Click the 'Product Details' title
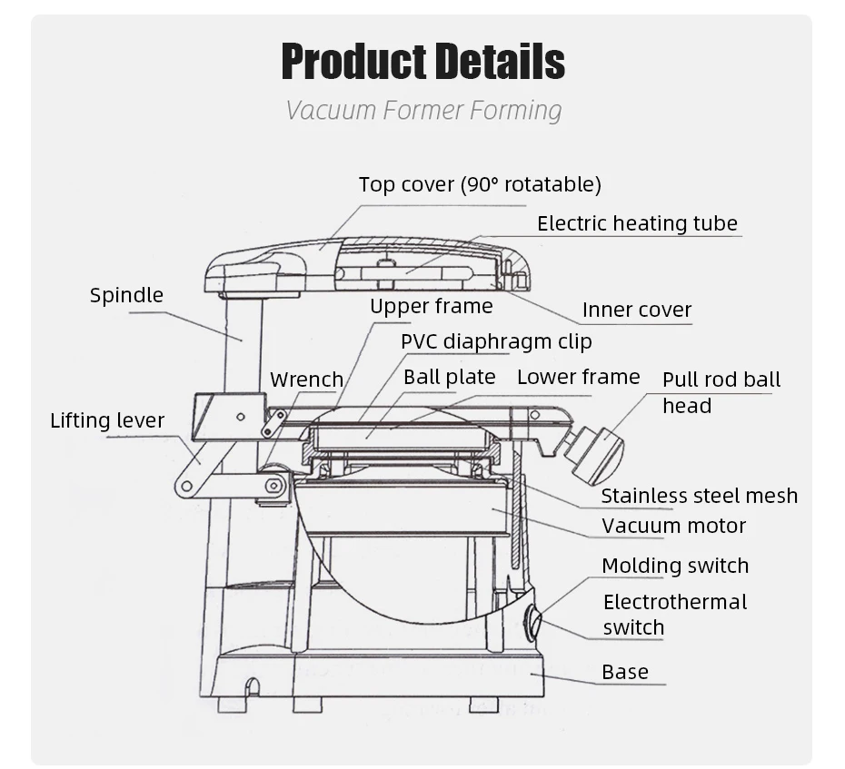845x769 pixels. coord(422,62)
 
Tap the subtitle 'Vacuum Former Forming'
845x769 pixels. coord(423,111)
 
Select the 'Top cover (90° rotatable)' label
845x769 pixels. coord(480,185)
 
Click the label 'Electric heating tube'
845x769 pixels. coord(637,223)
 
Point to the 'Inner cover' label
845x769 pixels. coord(636,310)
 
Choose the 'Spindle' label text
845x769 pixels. coord(126,295)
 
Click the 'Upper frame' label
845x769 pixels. coord(431,307)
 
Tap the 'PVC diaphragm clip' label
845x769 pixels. coord(496,341)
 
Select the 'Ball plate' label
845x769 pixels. coord(450,377)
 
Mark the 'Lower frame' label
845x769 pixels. coord(578,377)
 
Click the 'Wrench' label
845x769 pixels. coord(307,380)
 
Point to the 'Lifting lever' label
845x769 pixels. coord(107,420)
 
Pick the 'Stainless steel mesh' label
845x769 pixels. coord(699,496)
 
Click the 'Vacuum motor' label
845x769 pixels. coord(673,526)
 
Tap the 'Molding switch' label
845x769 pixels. coord(675,566)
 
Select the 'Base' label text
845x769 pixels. coord(625,672)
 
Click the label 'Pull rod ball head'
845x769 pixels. coord(721,392)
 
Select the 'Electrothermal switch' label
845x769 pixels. coord(674,615)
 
